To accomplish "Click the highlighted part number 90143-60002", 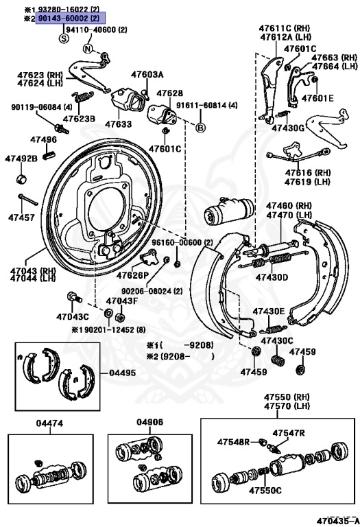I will coord(65,19).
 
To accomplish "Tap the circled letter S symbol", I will coord(64,39).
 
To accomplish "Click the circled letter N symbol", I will coord(88,49).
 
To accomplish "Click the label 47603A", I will coord(147,74).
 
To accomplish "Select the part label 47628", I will coord(169,93).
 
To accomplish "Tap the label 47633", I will coord(118,124).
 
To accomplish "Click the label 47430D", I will coord(272,277).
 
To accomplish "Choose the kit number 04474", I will coord(50,423).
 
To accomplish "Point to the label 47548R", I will coord(233,441).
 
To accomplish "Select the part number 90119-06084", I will coord(37,107).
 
